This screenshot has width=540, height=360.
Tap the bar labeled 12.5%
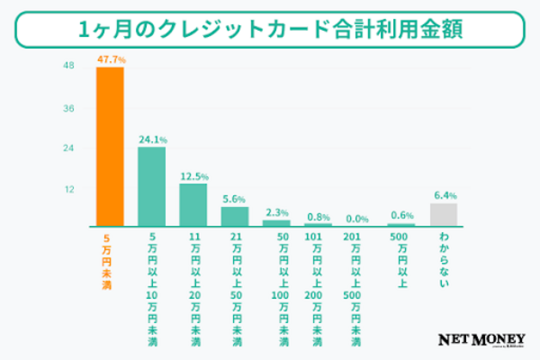click(x=193, y=204)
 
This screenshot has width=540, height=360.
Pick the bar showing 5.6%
click(x=235, y=216)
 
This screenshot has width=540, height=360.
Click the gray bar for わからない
click(x=444, y=214)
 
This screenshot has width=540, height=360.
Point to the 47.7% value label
click(x=110, y=59)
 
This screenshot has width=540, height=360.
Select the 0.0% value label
click(x=358, y=218)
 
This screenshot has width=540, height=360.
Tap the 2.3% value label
click(x=277, y=211)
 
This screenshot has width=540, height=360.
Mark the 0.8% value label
click(x=318, y=216)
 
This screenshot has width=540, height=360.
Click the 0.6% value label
click(x=401, y=216)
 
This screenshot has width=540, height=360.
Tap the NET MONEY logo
click(x=481, y=340)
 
